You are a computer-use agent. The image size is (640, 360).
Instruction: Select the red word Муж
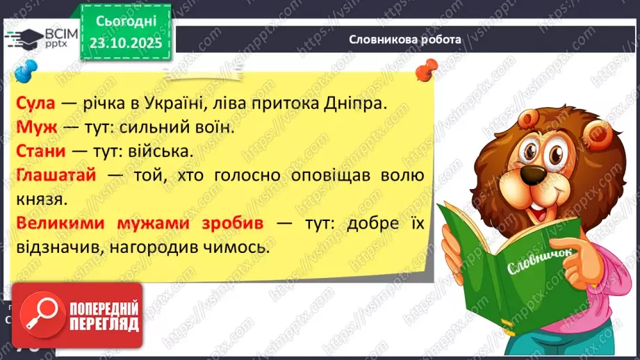[x=32, y=129]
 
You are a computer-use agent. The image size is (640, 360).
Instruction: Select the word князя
[x=35, y=200]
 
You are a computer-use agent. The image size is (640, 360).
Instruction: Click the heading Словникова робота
[x=404, y=40]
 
